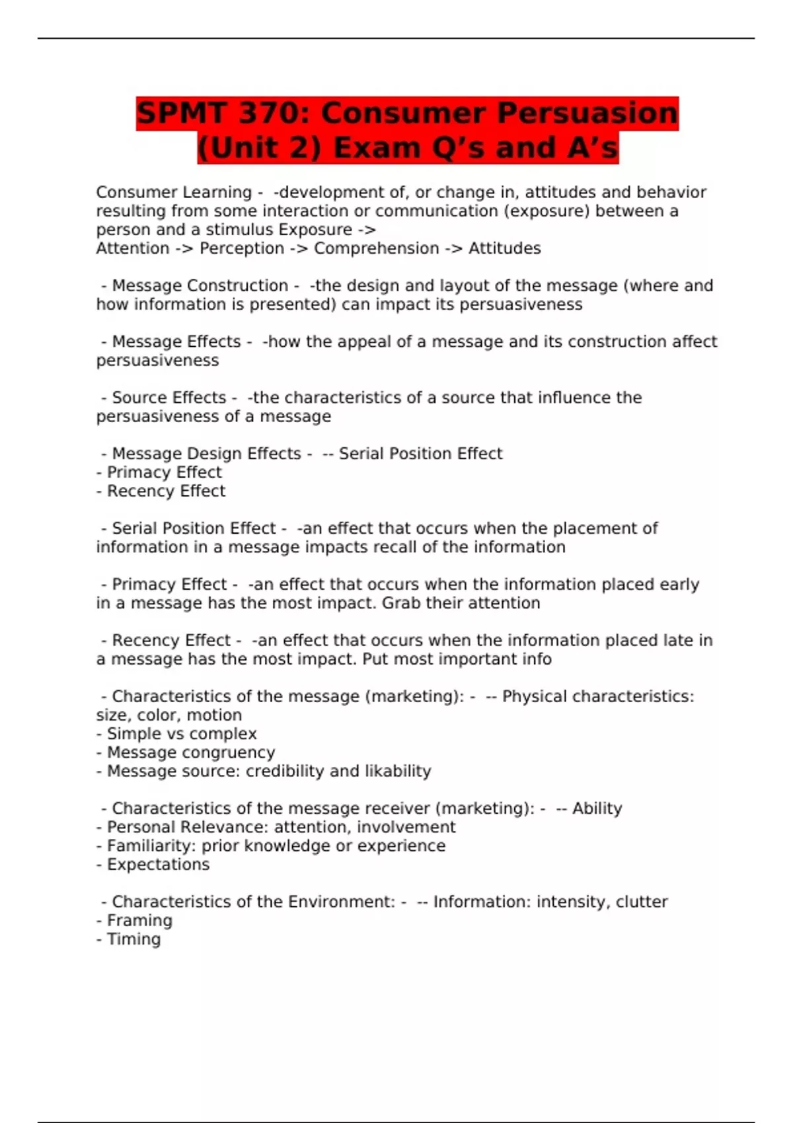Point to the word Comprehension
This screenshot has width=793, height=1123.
click(376, 248)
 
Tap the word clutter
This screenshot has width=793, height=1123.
click(641, 902)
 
